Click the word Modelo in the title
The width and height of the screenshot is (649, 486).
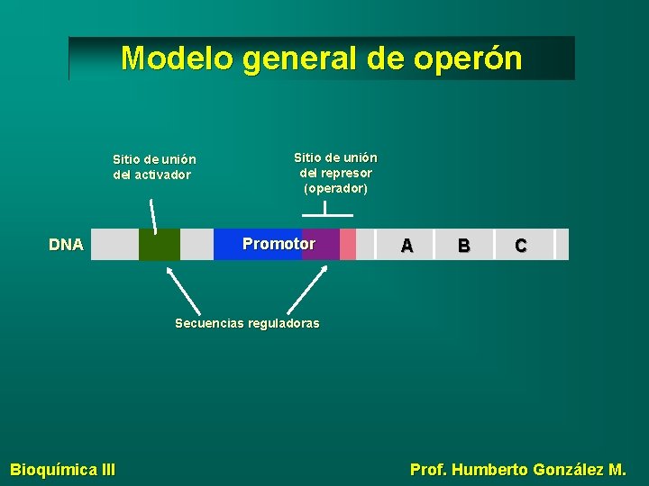point(177,58)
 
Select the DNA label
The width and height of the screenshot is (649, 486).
point(66,245)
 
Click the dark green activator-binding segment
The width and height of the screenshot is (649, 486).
point(160,245)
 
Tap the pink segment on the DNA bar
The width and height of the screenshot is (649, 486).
point(348,245)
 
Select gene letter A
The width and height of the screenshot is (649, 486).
point(407,245)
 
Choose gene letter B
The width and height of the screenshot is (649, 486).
point(463,245)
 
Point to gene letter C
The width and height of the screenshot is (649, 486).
point(520,245)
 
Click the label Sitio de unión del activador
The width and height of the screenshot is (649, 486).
point(154,167)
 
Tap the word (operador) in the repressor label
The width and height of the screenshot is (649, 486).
point(336,189)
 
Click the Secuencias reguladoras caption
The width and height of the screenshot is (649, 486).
point(247,323)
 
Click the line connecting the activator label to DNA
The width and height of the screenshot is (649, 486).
point(153,216)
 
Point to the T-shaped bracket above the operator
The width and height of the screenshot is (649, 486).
point(325,212)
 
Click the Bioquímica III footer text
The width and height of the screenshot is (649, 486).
point(62,469)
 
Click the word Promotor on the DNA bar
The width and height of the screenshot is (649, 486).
point(279,245)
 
